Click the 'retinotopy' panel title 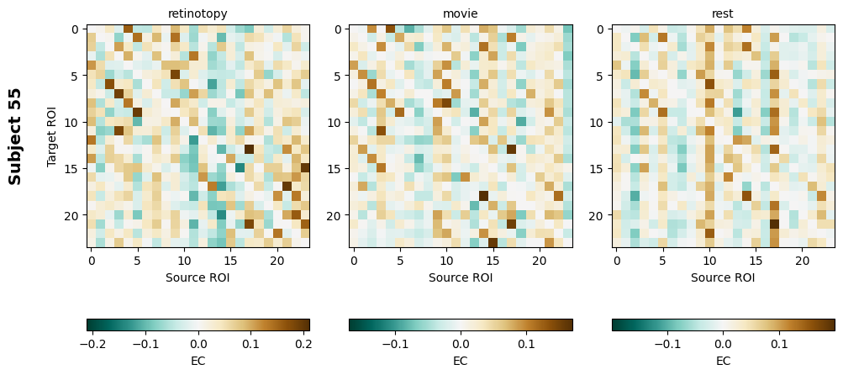click(198, 13)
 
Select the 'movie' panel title click(461, 13)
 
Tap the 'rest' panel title click(723, 13)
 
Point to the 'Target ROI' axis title click(52, 135)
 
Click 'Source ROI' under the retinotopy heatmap click(198, 277)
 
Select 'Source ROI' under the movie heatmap click(461, 277)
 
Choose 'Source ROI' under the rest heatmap click(723, 277)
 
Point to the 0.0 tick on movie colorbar click(461, 344)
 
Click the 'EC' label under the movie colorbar click(461, 361)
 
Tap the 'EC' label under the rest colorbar click(723, 361)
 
